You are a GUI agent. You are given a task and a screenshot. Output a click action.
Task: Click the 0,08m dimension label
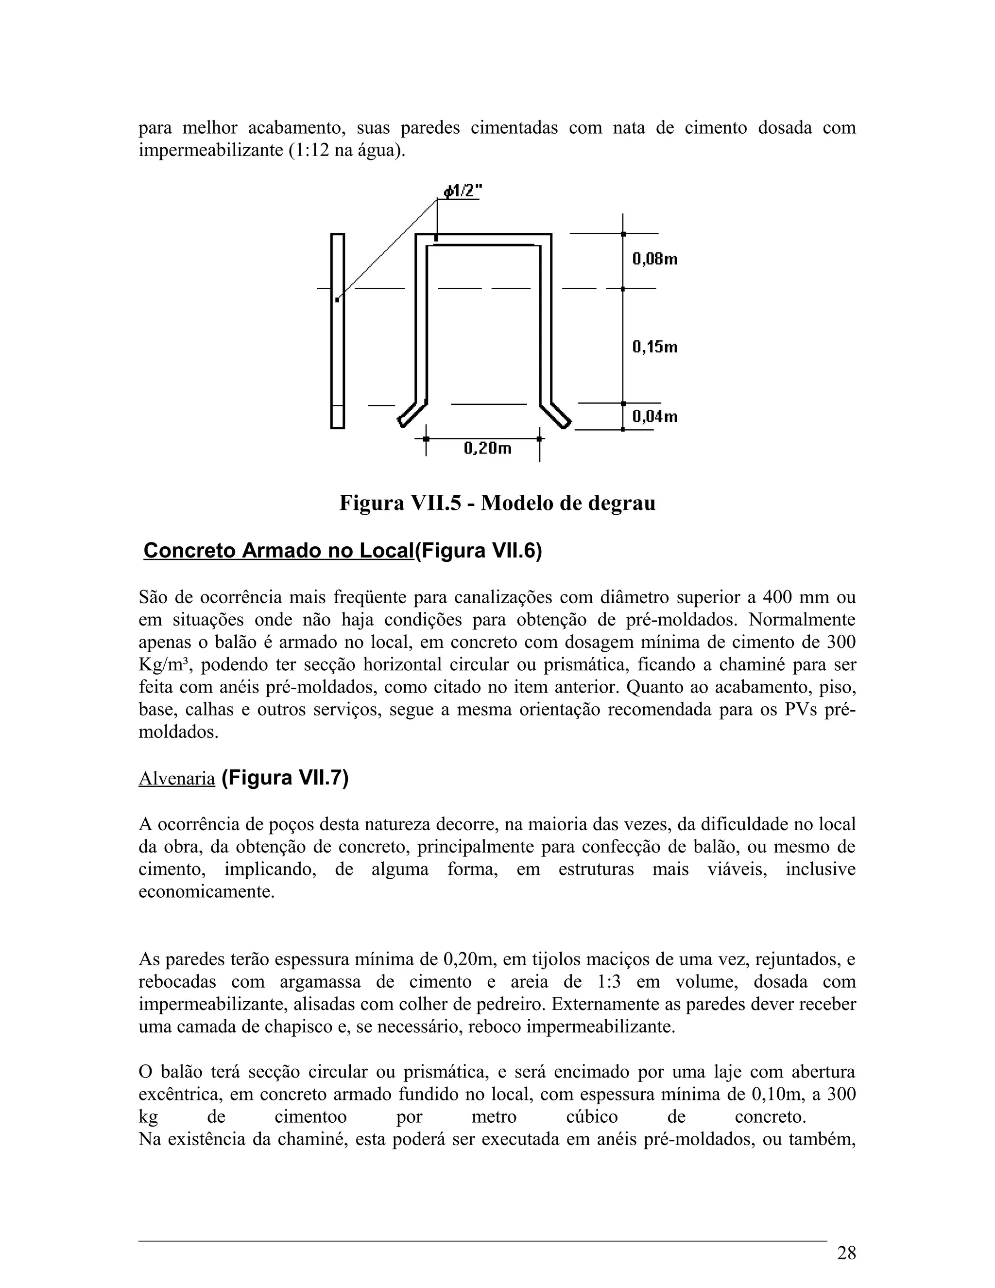654,259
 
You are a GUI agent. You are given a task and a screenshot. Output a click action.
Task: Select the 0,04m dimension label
654,417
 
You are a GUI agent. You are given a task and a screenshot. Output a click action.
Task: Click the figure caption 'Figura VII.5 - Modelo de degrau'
497,503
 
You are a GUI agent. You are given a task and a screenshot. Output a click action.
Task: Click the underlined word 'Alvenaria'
176,779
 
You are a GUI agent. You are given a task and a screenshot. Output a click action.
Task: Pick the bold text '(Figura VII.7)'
285,778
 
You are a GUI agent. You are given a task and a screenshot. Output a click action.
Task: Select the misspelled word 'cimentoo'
310,1117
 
